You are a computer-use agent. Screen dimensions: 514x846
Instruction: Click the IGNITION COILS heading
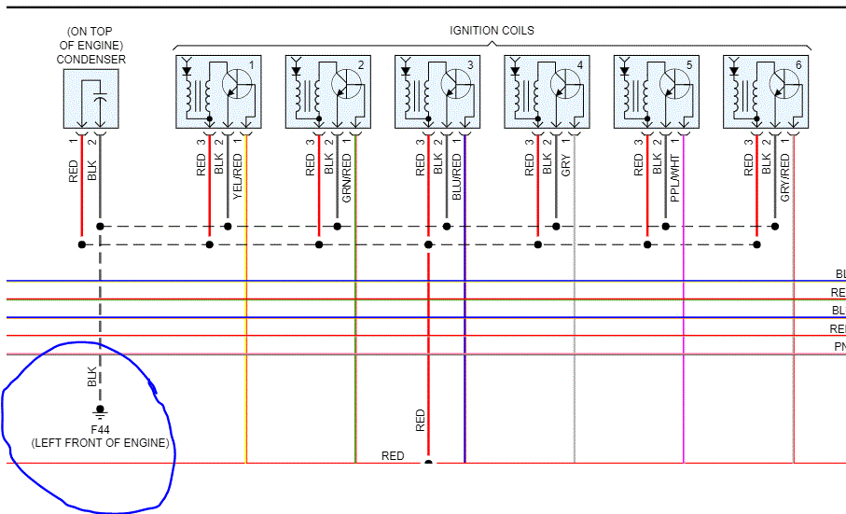tap(492, 30)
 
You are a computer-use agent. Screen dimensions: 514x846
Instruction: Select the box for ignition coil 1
tap(217, 91)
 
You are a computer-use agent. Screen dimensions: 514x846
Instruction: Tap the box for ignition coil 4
tap(547, 91)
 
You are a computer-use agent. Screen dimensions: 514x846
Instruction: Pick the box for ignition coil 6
tap(766, 91)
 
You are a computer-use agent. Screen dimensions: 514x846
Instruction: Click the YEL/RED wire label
tap(238, 176)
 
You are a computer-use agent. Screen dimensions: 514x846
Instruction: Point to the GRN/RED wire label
tap(347, 176)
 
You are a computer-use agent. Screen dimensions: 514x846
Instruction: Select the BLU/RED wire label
tap(456, 176)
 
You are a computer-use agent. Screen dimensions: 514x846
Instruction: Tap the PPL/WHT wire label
tap(675, 176)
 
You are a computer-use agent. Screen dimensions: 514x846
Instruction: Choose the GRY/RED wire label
tap(785, 176)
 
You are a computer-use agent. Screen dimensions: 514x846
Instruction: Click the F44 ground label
tap(101, 430)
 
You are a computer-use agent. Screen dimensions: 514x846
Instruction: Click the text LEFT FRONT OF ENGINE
tap(101, 443)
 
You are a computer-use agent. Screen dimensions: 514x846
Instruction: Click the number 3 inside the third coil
tap(470, 64)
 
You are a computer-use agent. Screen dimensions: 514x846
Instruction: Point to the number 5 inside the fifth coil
tap(689, 64)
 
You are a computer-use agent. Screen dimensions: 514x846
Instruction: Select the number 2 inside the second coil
tap(361, 64)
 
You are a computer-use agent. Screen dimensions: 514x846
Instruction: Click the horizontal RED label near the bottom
tap(393, 455)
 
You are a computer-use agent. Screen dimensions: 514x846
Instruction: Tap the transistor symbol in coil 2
tap(345, 84)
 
